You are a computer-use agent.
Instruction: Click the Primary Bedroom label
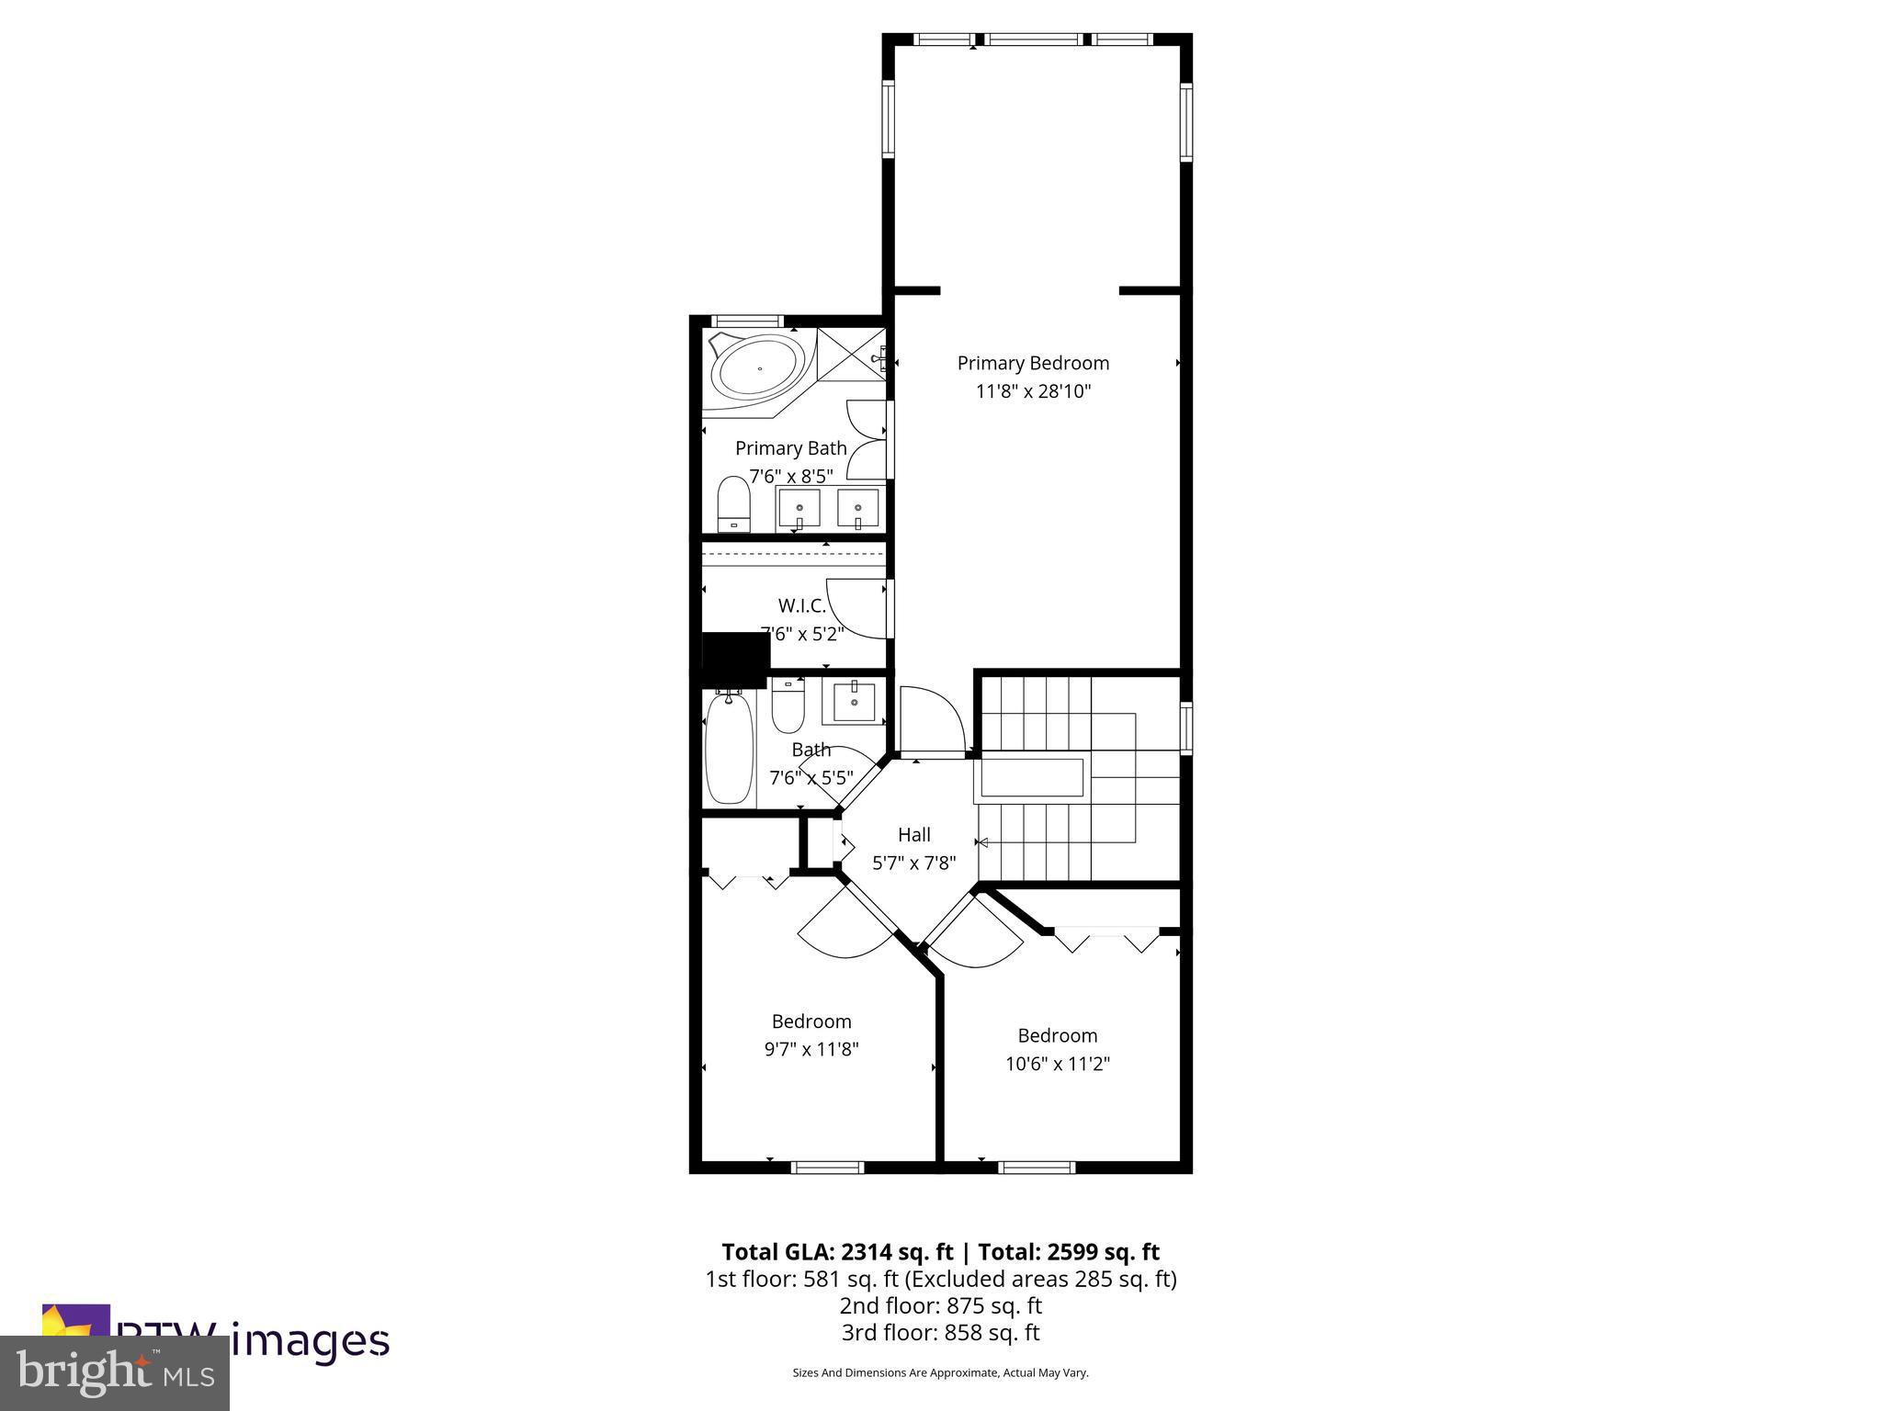coord(1033,363)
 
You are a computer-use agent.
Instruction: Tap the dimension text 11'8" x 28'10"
coord(1033,391)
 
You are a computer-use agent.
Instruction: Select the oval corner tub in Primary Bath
coord(759,368)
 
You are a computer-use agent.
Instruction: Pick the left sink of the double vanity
coord(799,507)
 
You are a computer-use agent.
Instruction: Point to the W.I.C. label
coord(801,605)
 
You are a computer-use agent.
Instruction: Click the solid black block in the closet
coord(735,658)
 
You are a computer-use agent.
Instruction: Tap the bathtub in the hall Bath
coord(730,749)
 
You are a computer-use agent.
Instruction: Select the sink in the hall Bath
coord(855,703)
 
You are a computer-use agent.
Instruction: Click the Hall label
coord(913,834)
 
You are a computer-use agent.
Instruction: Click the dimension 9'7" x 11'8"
coord(811,1049)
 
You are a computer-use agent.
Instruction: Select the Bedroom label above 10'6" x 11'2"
coord(1057,1035)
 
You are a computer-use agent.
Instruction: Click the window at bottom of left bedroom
coord(827,1168)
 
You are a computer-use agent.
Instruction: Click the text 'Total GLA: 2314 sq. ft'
coord(837,1252)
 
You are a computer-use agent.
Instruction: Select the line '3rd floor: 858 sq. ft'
coord(940,1332)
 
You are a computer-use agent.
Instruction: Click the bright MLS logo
coord(115,1372)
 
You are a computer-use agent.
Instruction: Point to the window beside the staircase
coord(1186,728)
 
